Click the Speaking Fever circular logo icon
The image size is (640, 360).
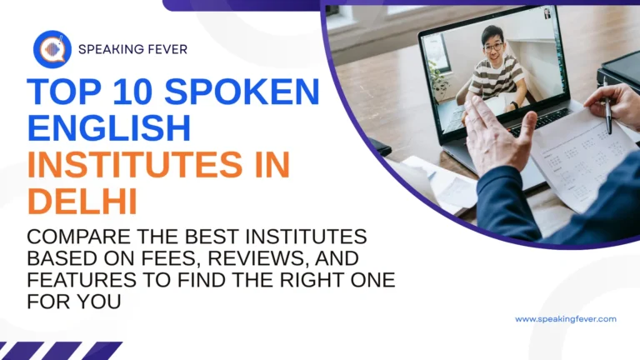pos(52,49)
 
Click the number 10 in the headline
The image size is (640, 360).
pos(127,91)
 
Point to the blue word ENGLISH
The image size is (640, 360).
pos(109,128)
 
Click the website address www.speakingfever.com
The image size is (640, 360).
pos(565,319)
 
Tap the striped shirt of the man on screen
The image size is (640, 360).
pos(495,79)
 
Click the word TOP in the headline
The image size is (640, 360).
pos(62,91)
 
